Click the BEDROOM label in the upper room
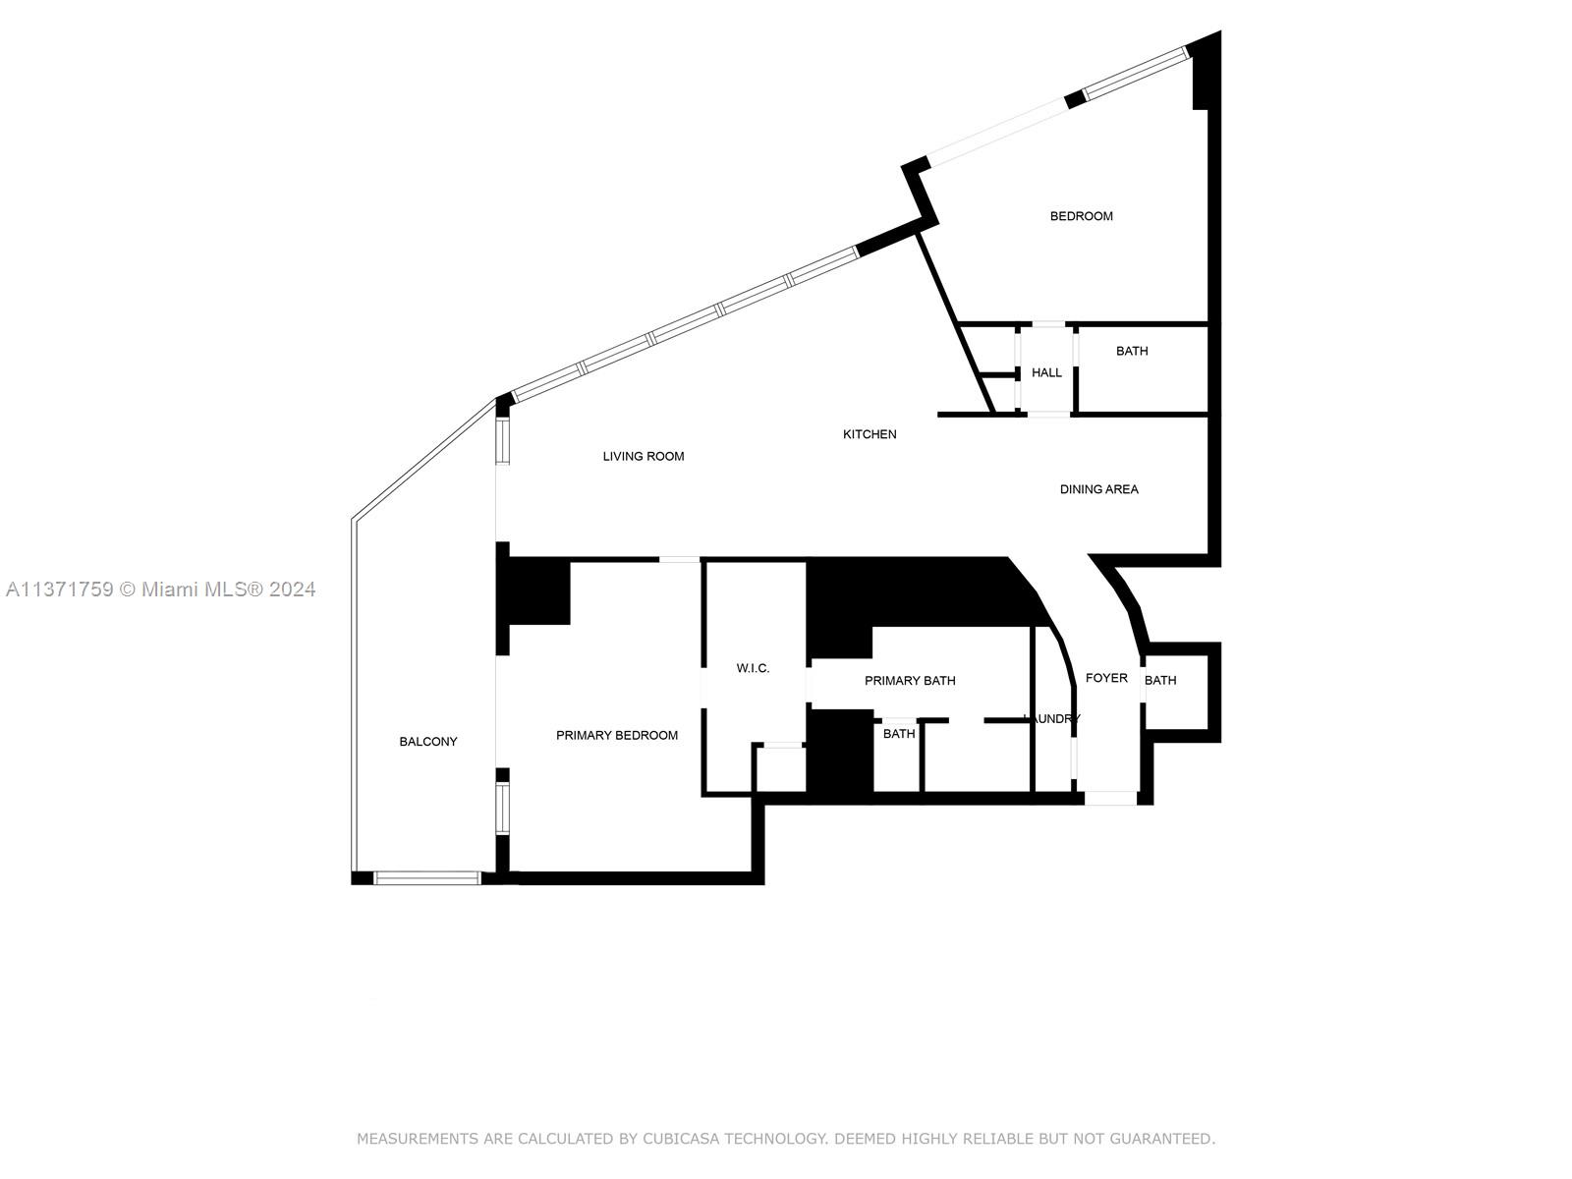1081,216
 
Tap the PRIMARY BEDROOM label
616,735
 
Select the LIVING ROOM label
643,456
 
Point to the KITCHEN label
870,434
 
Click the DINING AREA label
1098,489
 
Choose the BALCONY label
427,742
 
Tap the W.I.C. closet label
753,668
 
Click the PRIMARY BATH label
909,681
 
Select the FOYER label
1106,678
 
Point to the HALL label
1046,372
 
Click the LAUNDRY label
1052,719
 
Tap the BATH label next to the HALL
1131,351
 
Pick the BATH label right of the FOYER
1160,680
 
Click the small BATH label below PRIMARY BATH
898,734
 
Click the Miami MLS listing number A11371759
59,589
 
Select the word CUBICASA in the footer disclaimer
681,1139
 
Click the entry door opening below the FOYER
1110,798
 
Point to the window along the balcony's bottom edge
426,877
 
